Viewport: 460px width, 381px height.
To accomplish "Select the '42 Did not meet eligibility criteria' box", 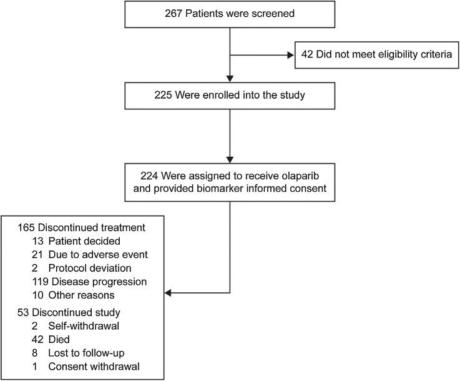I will [x=376, y=56].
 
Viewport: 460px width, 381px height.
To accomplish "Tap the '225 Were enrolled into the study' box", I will [x=230, y=96].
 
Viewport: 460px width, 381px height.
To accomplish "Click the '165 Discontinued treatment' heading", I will [x=81, y=229].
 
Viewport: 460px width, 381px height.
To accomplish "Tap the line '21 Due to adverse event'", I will [x=89, y=255].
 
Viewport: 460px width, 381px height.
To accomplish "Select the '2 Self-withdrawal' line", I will [x=74, y=326].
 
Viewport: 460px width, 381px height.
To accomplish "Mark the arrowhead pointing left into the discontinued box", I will [x=169, y=292].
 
